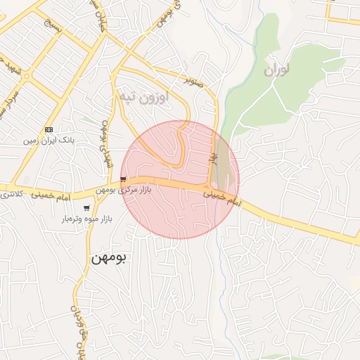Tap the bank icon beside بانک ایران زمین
point(49,129)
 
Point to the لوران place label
point(277,70)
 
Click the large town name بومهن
point(108,258)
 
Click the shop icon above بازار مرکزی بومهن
point(124,179)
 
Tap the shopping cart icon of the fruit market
point(86,208)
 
